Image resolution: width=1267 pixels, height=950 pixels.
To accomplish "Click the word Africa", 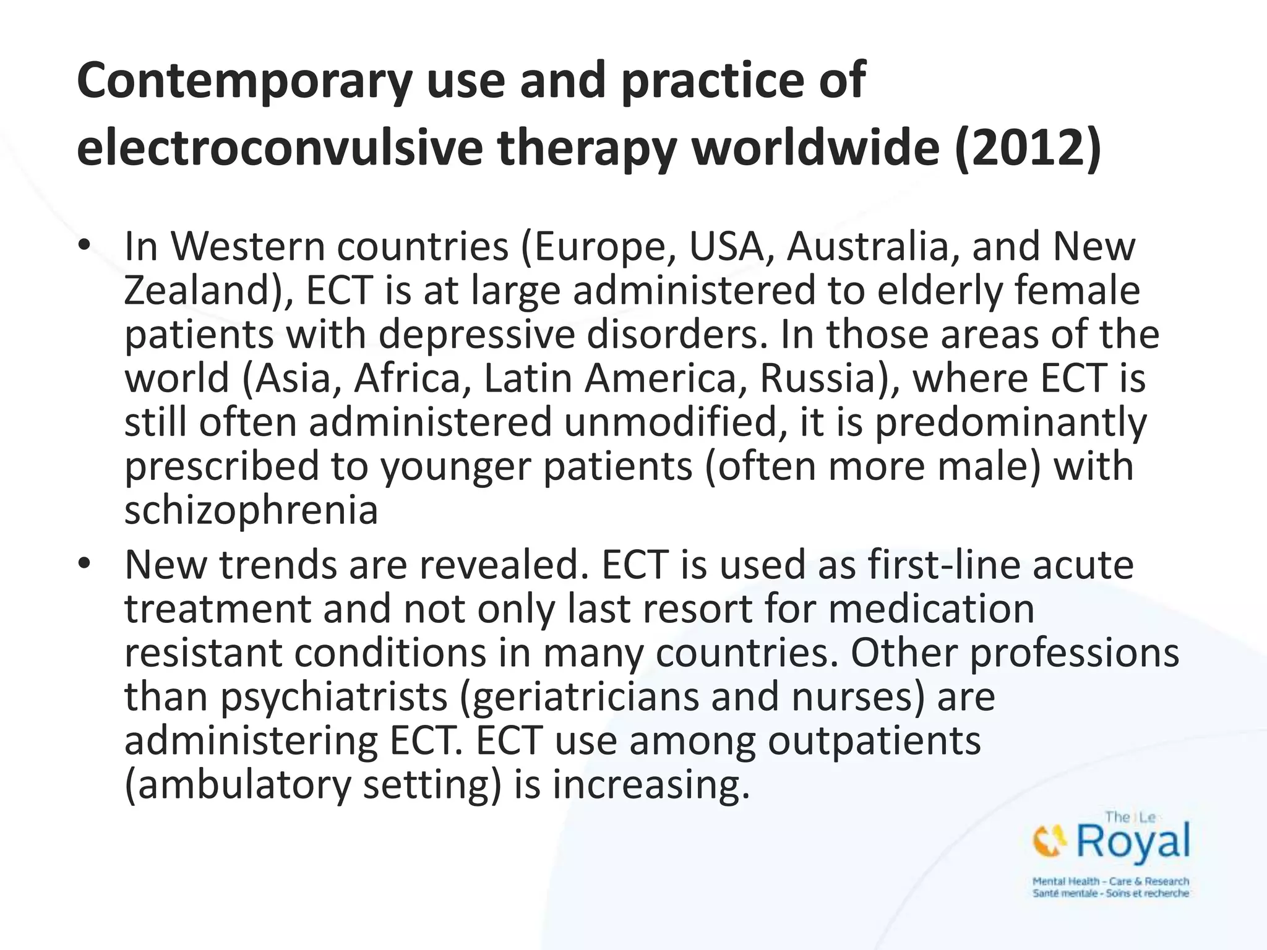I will (408, 378).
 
